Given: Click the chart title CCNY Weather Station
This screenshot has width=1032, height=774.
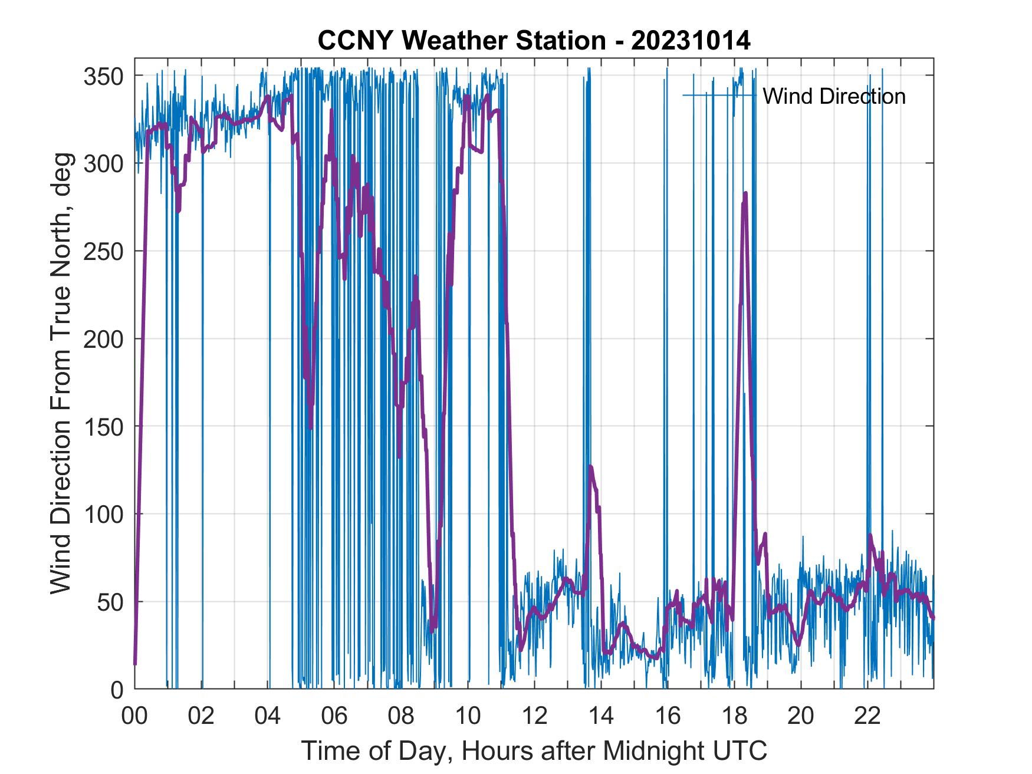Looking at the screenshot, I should tap(534, 40).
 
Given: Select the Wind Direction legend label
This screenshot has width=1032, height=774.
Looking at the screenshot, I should tap(834, 96).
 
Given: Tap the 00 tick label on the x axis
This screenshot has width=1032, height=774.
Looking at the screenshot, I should tap(134, 716).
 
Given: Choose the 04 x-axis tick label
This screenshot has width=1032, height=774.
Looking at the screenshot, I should tap(268, 716).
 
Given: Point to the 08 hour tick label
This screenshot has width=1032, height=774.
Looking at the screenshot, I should tap(402, 716).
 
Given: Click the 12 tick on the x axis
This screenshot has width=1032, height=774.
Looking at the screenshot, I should tap(535, 716).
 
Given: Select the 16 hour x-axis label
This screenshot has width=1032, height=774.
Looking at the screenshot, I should tap(668, 716).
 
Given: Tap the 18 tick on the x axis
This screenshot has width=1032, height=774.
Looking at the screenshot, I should tap(735, 716).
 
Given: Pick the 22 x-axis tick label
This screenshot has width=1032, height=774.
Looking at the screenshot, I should tap(868, 716).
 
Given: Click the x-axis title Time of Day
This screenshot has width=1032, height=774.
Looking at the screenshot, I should tap(534, 750).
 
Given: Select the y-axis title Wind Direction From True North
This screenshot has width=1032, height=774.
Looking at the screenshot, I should tap(61, 373).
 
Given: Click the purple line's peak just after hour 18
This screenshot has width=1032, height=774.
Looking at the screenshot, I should tap(746, 193).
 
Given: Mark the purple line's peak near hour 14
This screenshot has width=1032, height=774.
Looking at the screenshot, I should tap(590, 467).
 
